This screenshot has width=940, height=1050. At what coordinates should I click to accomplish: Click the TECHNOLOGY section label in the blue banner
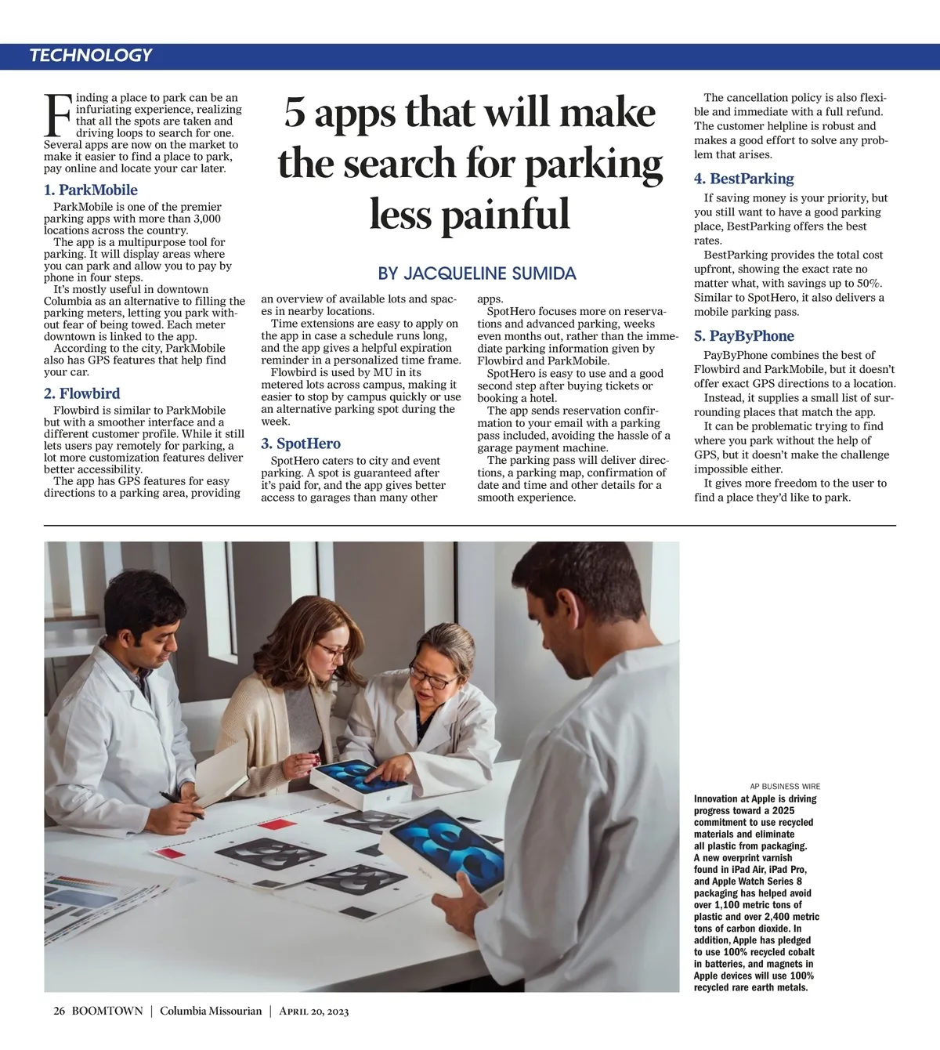[x=91, y=56]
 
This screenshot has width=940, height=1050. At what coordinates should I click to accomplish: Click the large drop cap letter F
[x=58, y=116]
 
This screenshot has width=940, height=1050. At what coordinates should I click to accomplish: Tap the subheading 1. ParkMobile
[x=91, y=190]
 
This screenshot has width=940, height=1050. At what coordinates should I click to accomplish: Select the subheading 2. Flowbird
[x=82, y=393]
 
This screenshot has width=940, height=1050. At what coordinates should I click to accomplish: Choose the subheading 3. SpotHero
[x=301, y=444]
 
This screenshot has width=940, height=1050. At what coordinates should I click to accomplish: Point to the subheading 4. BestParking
[x=743, y=179]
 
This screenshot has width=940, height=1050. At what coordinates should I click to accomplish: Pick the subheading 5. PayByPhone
[x=743, y=336]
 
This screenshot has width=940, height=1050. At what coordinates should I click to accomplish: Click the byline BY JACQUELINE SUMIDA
[x=476, y=273]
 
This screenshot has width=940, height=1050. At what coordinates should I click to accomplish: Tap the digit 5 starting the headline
[x=295, y=112]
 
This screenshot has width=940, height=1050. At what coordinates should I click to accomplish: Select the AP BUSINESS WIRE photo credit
[x=785, y=786]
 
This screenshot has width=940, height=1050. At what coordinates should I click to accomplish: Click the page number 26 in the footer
[x=60, y=1011]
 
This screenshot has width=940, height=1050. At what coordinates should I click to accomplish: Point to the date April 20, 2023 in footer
[x=313, y=1011]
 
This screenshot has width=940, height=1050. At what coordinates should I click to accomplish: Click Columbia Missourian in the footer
[x=211, y=1011]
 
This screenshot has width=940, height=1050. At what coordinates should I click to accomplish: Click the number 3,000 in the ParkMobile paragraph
[x=207, y=219]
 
